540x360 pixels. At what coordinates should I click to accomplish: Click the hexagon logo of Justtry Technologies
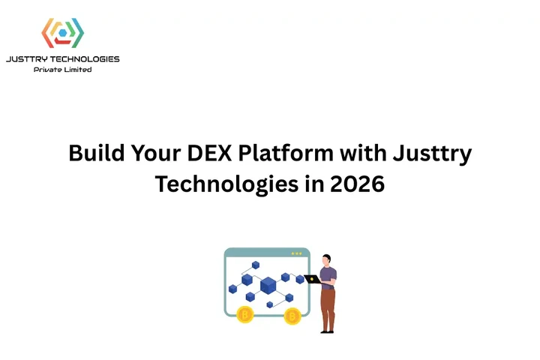click(62, 33)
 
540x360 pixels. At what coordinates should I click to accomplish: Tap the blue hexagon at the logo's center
click(62, 34)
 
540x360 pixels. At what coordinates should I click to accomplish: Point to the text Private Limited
click(63, 70)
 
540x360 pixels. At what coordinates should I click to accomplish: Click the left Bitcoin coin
click(245, 315)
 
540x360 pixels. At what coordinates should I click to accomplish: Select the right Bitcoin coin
click(292, 315)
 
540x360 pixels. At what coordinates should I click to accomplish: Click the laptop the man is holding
click(313, 279)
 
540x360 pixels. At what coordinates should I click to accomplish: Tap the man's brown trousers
click(327, 306)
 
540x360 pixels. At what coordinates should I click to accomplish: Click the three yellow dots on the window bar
click(297, 253)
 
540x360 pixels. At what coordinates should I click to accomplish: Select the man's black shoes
click(327, 330)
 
